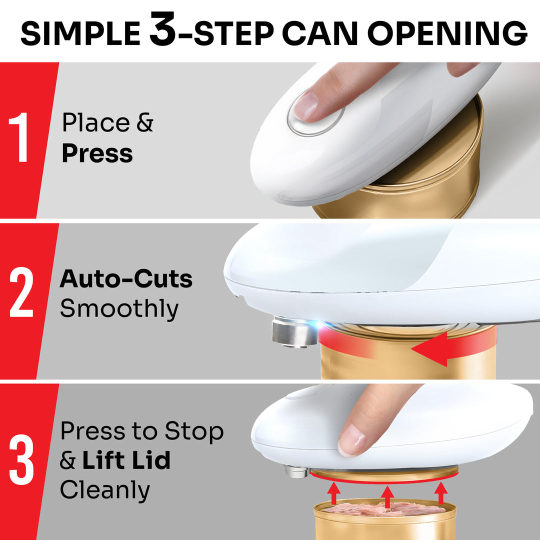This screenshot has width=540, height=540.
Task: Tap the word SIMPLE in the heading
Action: pyautogui.click(x=80, y=33)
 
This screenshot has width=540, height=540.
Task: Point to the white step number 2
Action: pyautogui.click(x=21, y=294)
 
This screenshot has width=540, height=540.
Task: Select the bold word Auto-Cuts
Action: pyautogui.click(x=126, y=279)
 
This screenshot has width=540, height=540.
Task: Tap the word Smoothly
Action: pyautogui.click(x=119, y=309)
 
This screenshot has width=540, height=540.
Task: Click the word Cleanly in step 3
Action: pyautogui.click(x=105, y=490)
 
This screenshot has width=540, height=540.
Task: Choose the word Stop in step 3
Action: pyautogui.click(x=195, y=431)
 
